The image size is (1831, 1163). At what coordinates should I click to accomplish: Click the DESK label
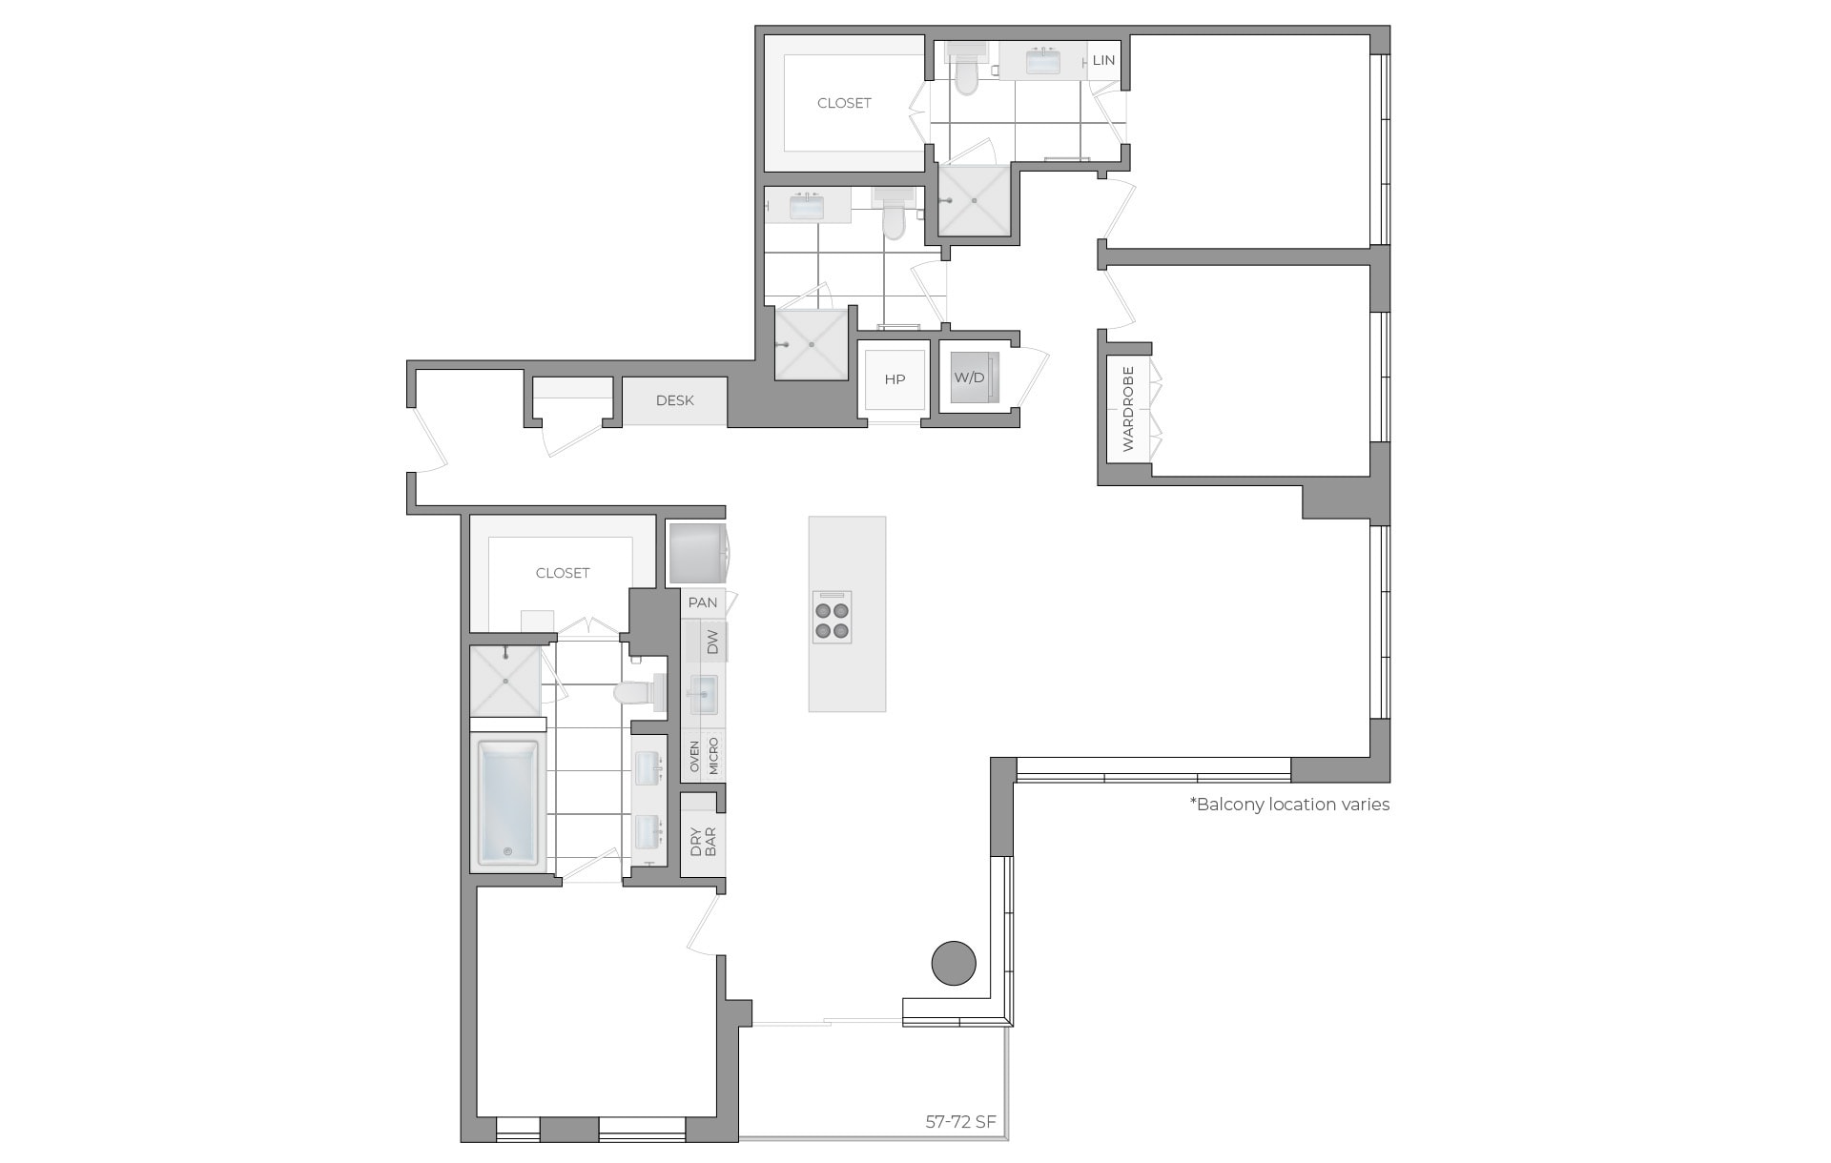[x=674, y=400]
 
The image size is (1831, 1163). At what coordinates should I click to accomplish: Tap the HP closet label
[x=895, y=379]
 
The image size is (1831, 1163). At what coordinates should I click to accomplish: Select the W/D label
[x=969, y=377]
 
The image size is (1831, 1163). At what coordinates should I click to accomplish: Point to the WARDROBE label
[x=1128, y=409]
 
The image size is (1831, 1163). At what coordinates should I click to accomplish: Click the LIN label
[x=1103, y=60]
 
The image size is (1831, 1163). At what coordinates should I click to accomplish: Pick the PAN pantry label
[x=703, y=602]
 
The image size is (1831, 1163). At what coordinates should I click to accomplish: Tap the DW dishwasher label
[x=711, y=642]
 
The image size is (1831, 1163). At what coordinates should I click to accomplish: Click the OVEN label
[x=694, y=757]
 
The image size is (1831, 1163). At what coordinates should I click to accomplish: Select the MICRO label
[x=713, y=757]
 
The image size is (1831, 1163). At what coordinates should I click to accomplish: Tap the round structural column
[x=954, y=963]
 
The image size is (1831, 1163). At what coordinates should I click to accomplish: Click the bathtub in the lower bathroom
[x=507, y=804]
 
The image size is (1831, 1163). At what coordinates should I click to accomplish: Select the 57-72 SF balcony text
[x=960, y=1122]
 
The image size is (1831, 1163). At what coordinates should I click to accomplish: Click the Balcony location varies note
[x=1289, y=805]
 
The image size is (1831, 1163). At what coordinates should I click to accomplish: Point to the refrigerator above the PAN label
[x=696, y=553]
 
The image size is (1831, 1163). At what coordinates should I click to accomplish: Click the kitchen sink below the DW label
[x=703, y=693]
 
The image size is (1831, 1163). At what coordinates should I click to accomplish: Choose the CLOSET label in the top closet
[x=844, y=103]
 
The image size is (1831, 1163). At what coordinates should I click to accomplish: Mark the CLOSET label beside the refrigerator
[x=563, y=573]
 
